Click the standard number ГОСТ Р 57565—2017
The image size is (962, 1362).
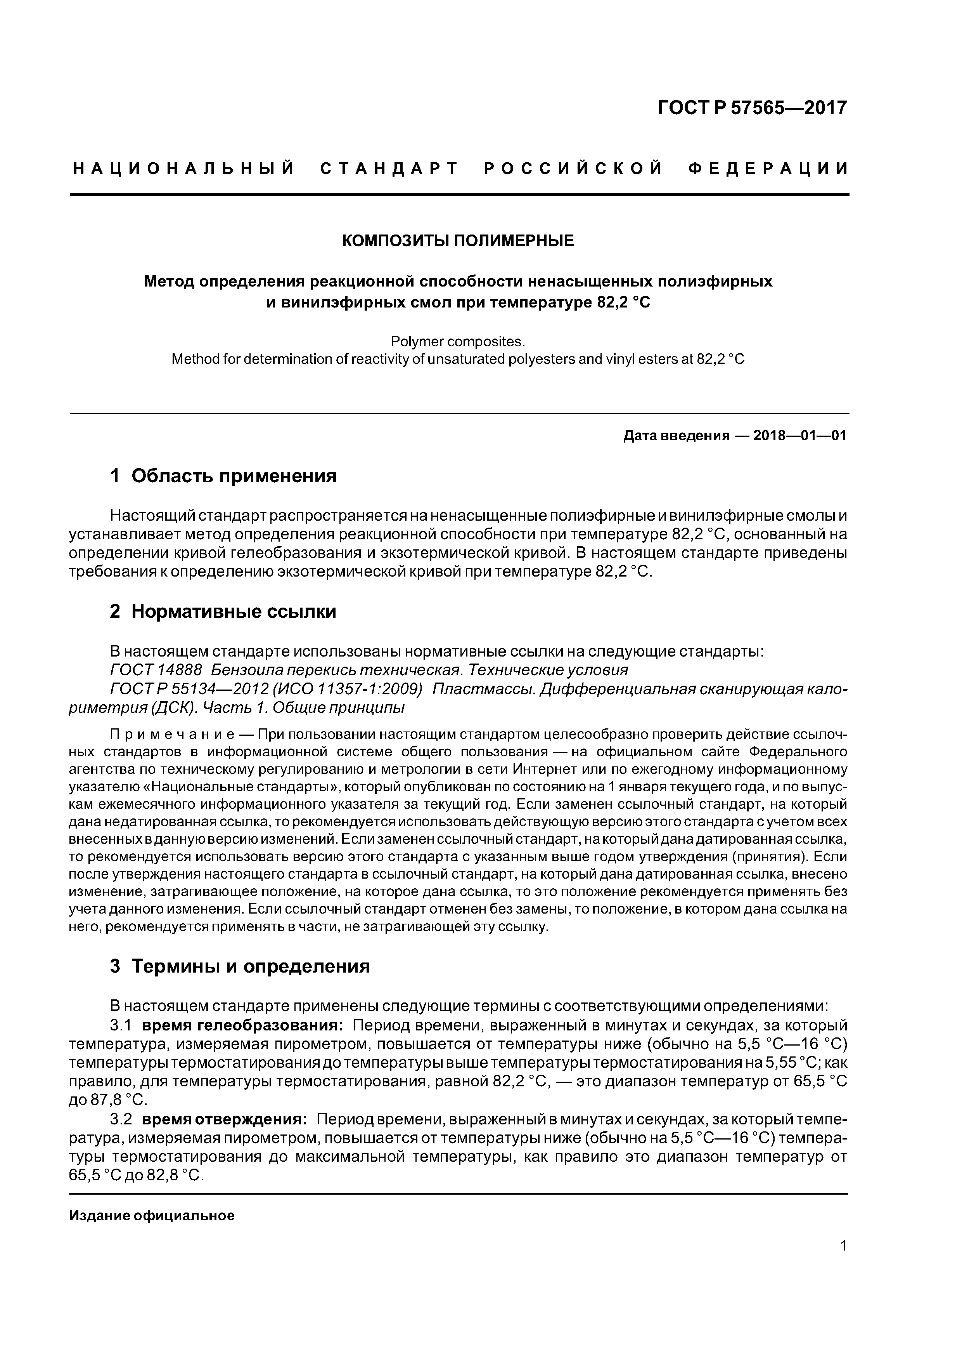(752, 108)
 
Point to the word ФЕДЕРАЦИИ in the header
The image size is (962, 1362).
(768, 169)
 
